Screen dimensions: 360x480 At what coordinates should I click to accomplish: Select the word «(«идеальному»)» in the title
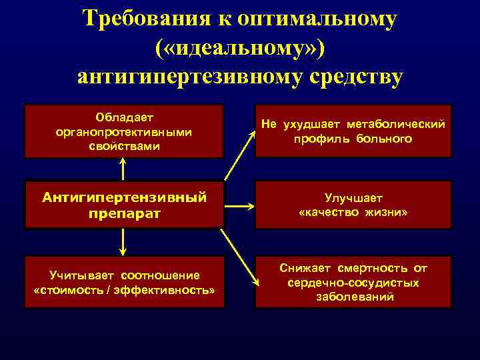point(240,48)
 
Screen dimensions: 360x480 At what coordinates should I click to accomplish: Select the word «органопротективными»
point(124,131)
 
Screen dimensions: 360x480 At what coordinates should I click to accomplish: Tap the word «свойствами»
point(124,145)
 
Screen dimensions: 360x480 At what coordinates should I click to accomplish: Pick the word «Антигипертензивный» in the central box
point(124,197)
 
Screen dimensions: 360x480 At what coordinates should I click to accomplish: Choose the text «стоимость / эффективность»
point(124,291)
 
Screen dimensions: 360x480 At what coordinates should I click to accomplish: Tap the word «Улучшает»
point(353,198)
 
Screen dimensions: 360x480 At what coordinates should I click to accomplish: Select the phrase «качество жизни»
point(353,212)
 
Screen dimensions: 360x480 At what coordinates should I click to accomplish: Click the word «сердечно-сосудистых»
point(353,283)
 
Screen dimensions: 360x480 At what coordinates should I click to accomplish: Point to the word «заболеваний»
point(353,297)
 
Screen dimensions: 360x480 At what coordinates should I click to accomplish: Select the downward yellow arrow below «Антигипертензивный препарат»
point(124,243)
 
